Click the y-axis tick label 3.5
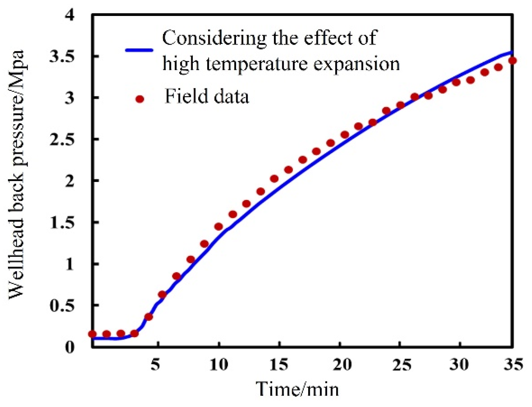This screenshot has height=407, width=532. pos(62,57)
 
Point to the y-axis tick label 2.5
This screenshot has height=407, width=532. pos(62,139)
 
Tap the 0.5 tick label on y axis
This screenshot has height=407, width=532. pos(62,305)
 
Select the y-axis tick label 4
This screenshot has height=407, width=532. pos(69,15)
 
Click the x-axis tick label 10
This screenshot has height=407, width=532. pos(219,364)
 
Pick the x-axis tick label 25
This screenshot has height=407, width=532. pos(402,364)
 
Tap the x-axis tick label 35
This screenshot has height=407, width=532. pos(513,364)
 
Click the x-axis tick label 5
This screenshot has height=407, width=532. pos(155,364)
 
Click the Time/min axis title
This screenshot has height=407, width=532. pos(297,389)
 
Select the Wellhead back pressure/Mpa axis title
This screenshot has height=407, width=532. pos(17,175)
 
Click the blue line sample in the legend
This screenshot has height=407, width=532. pos(139,50)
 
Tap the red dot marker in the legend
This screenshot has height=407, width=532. pos(140,99)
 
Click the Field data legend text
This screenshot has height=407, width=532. pos(206,97)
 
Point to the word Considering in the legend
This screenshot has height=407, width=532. pos(214,38)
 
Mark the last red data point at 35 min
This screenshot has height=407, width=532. pos(512,61)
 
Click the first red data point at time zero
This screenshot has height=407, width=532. pos(92,334)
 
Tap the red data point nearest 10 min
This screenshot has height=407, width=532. pos(218,227)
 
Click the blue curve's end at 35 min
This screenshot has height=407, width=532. pos(512,52)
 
